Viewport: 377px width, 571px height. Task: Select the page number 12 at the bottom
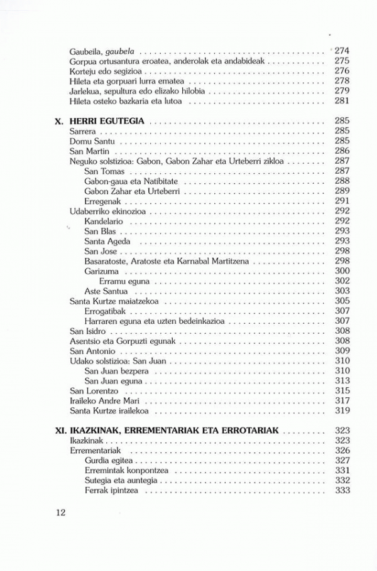pos(61,511)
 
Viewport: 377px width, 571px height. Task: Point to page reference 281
pos(342,100)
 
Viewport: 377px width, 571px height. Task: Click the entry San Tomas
pos(104,171)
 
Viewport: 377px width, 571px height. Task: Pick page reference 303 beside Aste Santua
pos(342,291)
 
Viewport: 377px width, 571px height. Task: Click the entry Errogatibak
pos(105,311)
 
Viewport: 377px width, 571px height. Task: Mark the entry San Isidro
pos(87,331)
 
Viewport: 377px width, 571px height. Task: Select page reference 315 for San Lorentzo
pos(342,391)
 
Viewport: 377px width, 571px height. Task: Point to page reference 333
pos(342,491)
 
